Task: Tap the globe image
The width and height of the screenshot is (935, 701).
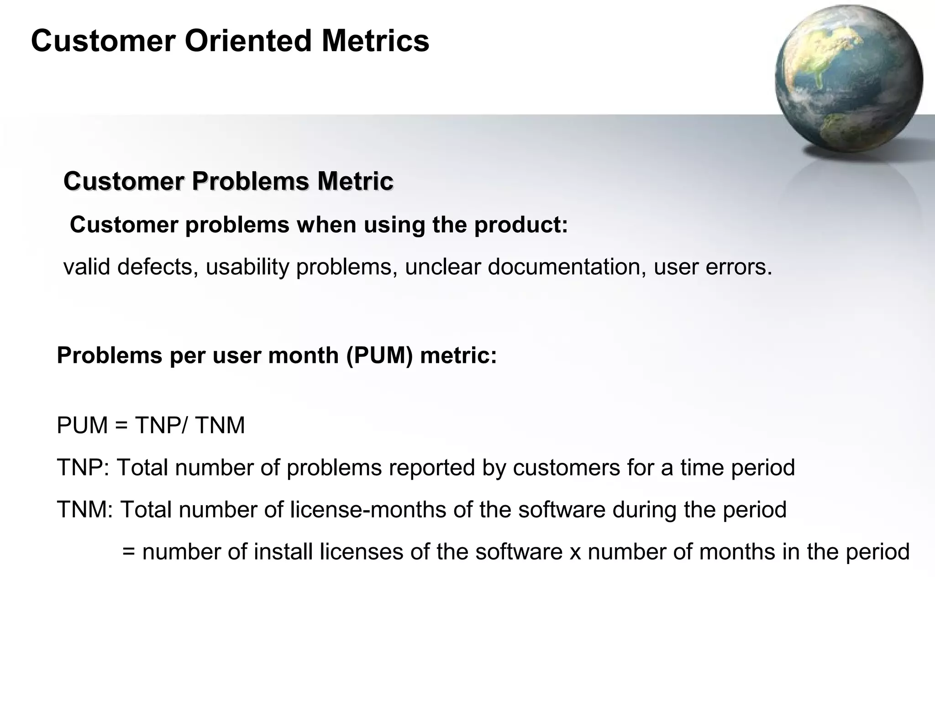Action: pyautogui.click(x=848, y=78)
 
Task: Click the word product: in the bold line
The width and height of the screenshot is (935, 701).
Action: pyautogui.click(x=521, y=225)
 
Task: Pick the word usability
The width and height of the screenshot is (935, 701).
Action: pyautogui.click(x=247, y=267)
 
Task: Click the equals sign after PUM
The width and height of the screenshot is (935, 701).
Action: pyautogui.click(x=121, y=426)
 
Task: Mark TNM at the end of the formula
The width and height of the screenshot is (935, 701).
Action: pyautogui.click(x=220, y=425)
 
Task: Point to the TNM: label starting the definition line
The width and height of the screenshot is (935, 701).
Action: pyautogui.click(x=85, y=510)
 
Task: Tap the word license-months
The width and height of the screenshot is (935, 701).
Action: pyautogui.click(x=368, y=510)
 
